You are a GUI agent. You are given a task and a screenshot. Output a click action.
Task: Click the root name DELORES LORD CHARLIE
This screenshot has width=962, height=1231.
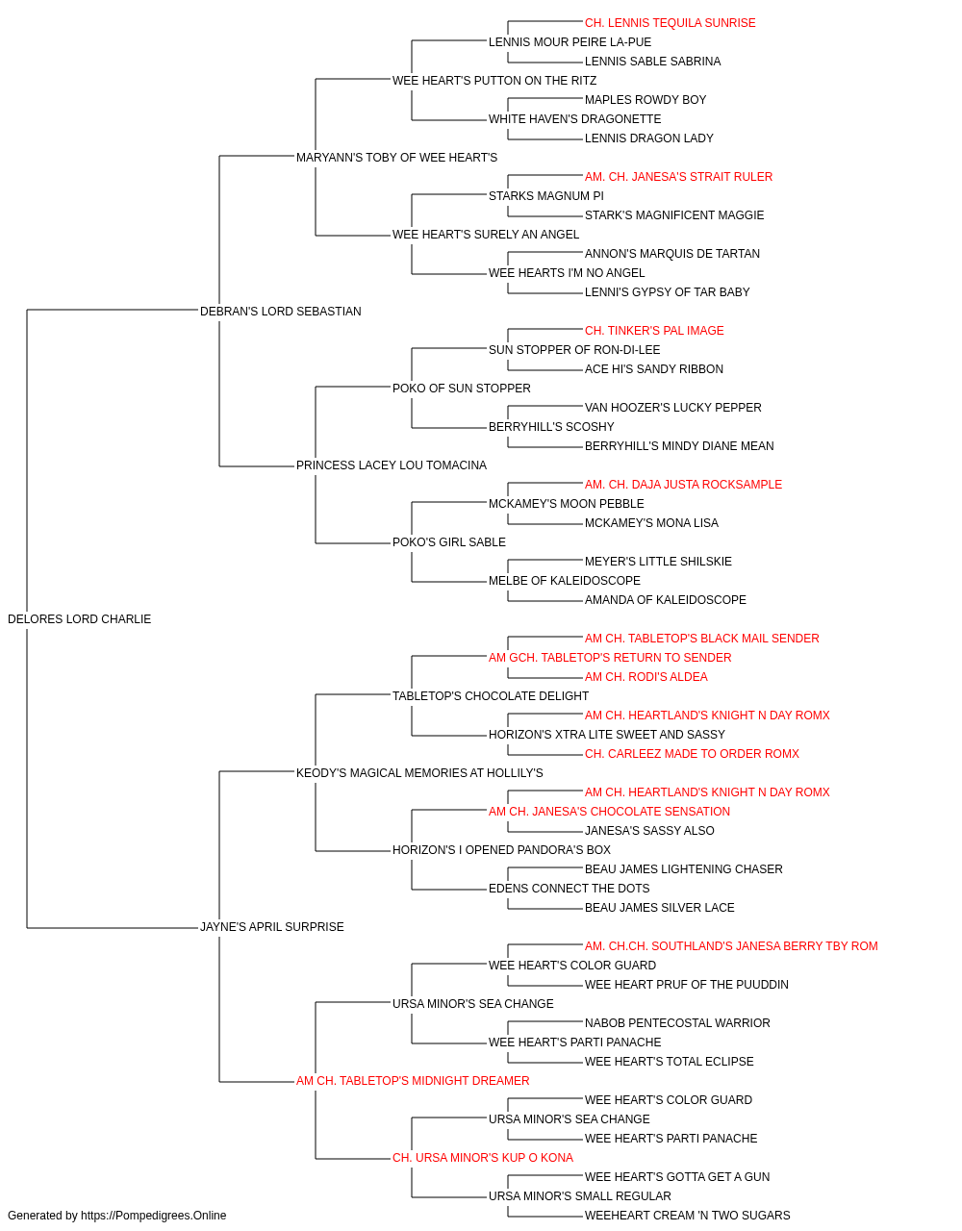[x=79, y=619]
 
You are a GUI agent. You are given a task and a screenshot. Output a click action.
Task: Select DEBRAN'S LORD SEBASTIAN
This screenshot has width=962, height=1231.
[x=281, y=312]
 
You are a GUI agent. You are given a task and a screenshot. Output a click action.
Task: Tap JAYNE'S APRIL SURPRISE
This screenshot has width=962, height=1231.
[x=272, y=927]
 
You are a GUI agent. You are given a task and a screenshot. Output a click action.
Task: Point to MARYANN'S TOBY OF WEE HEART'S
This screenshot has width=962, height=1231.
[x=396, y=158]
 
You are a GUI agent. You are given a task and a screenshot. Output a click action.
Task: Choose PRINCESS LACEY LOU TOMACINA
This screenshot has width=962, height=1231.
[x=392, y=465]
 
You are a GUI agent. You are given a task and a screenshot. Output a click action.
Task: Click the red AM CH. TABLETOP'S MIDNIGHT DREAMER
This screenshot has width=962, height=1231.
[x=413, y=1081]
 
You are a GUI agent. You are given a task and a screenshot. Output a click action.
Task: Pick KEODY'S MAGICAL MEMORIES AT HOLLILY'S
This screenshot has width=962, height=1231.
[x=419, y=773]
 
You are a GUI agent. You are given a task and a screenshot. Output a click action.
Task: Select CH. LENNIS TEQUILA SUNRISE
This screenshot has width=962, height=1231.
[x=671, y=23]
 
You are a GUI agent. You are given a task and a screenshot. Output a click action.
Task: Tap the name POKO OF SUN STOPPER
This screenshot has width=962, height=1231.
[x=462, y=389]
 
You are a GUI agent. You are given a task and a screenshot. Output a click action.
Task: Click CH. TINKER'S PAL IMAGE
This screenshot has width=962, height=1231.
[x=654, y=331]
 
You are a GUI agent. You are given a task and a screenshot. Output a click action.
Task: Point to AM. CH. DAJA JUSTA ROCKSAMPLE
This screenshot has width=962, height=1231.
[x=683, y=485]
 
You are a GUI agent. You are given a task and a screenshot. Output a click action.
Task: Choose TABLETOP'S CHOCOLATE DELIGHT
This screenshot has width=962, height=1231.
[x=491, y=696]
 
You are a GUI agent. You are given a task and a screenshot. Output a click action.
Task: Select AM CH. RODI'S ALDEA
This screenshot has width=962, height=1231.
[x=646, y=677]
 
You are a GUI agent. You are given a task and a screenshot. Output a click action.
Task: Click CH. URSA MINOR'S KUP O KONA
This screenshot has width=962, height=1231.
[x=483, y=1158]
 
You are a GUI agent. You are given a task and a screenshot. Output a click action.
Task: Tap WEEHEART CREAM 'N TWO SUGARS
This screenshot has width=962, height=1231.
[x=688, y=1216]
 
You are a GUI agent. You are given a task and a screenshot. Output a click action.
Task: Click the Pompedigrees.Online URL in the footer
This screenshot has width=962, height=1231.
[x=154, y=1216]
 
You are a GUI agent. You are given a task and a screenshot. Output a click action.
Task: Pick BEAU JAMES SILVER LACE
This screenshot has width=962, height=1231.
[x=660, y=908]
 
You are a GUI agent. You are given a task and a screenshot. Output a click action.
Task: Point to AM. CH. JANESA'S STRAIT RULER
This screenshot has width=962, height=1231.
[x=679, y=177]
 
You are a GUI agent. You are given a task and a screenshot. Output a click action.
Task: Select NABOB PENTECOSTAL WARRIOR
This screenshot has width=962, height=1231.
[x=677, y=1023]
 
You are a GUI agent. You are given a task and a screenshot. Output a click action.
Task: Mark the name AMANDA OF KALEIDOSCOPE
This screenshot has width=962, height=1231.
[x=666, y=600]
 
